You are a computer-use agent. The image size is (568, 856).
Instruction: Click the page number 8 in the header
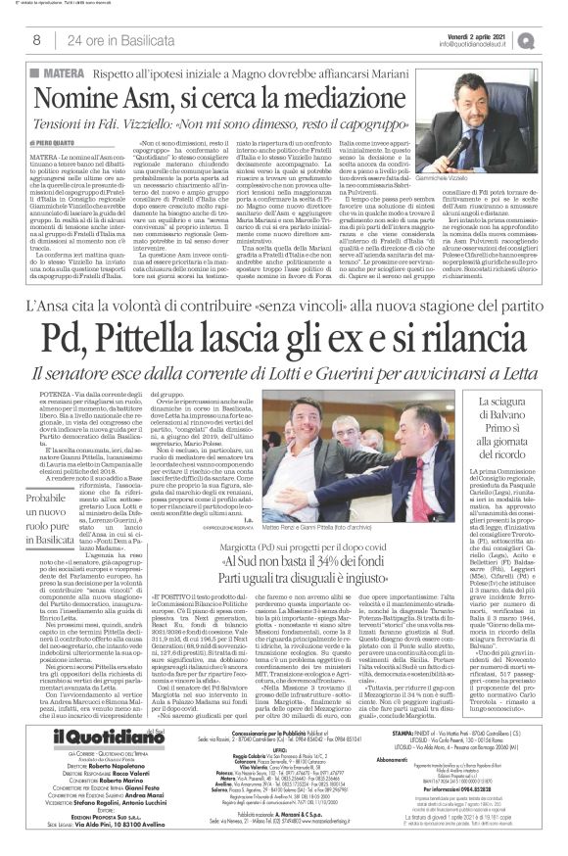click(36, 41)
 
